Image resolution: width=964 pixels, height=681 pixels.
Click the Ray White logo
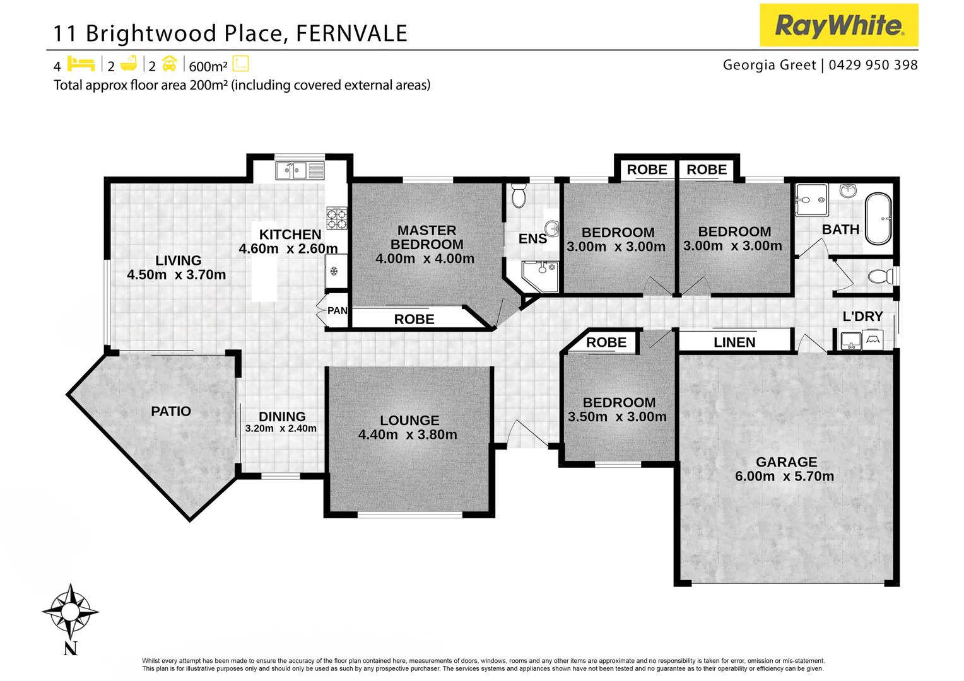tap(838, 25)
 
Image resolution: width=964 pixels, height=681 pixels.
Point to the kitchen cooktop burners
tap(336, 218)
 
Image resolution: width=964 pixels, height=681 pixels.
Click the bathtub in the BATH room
tap(878, 218)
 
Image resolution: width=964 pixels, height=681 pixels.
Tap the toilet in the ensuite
tap(519, 196)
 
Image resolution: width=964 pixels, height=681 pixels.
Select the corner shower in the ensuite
tap(541, 276)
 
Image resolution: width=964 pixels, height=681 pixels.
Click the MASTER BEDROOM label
tap(426, 238)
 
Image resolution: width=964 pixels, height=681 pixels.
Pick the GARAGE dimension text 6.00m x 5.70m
tap(784, 477)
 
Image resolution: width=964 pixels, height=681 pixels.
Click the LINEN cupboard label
tap(734, 342)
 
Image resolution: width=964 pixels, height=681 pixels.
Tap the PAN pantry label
tap(337, 310)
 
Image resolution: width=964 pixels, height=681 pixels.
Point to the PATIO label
tap(171, 411)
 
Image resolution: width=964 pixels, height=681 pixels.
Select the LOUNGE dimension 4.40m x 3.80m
tap(408, 434)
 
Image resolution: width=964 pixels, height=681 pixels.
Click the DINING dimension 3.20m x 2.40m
tap(281, 429)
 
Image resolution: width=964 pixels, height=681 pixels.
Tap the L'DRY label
tap(862, 317)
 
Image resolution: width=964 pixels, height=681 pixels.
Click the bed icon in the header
tap(81, 64)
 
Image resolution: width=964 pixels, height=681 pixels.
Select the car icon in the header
tap(169, 64)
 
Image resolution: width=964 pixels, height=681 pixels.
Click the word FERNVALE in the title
tap(351, 33)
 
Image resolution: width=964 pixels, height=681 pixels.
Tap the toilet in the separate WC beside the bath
tap(879, 276)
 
